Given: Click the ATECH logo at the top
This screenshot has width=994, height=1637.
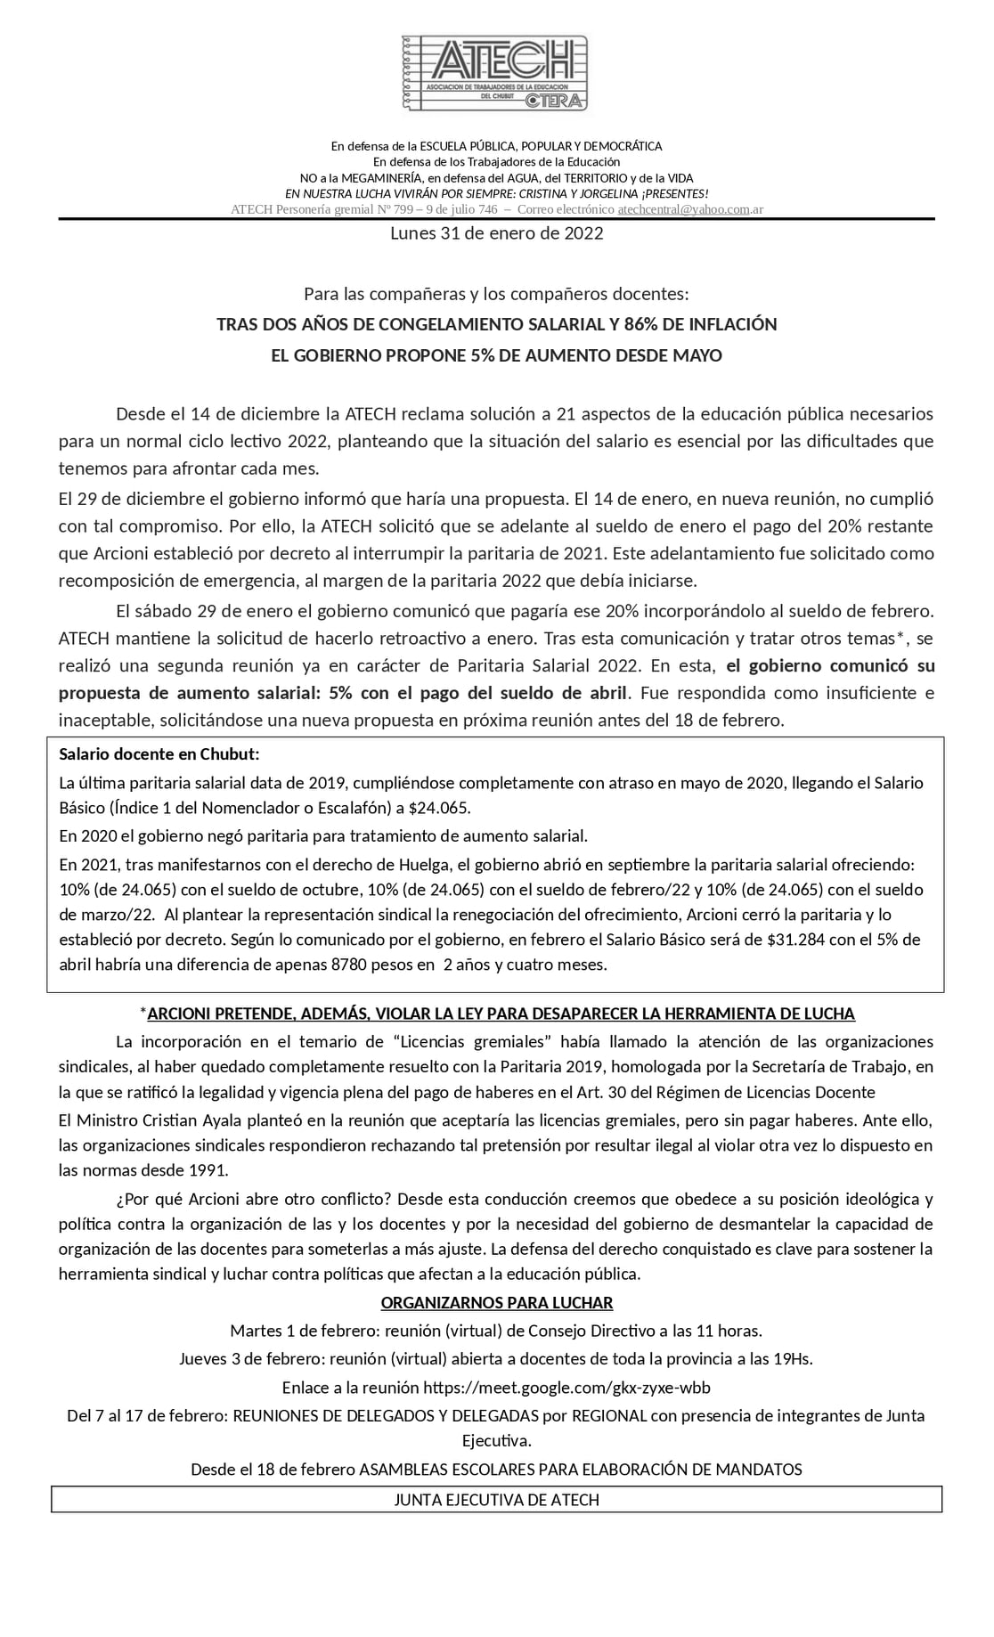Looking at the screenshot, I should click(496, 73).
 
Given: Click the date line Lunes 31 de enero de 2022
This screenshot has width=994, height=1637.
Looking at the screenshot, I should click(496, 233).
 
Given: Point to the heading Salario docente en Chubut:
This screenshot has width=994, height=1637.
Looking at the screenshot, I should click(159, 754).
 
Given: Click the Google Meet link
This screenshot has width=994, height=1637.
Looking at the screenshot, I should click(566, 1388).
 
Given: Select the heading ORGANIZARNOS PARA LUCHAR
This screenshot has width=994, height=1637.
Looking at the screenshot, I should click(496, 1303).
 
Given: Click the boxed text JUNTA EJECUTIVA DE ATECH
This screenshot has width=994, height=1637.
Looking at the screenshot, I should click(496, 1500).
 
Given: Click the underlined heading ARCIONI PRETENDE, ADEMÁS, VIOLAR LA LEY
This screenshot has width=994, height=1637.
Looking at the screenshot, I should click(501, 1014).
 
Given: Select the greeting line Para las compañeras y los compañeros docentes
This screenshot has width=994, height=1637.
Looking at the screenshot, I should click(496, 294).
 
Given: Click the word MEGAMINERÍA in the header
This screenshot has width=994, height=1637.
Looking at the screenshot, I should click(379, 178).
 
